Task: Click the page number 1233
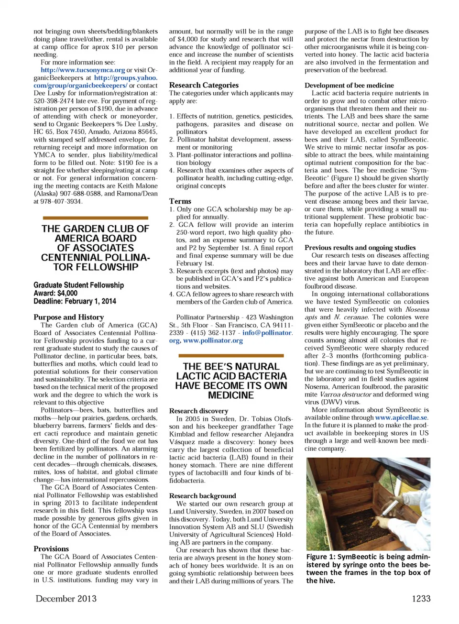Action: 421,599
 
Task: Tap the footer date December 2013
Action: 66,599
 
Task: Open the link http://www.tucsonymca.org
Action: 83,70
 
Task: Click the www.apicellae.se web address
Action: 401,417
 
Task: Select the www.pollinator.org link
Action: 213,340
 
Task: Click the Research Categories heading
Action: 204,85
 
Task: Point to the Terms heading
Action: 180,201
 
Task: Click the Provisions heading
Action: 51,549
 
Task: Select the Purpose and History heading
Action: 68,317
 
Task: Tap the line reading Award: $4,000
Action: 55,293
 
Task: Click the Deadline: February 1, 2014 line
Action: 75,301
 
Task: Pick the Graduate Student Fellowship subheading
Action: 78,285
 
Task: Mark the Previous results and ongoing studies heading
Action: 360,248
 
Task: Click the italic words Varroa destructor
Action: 345,394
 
